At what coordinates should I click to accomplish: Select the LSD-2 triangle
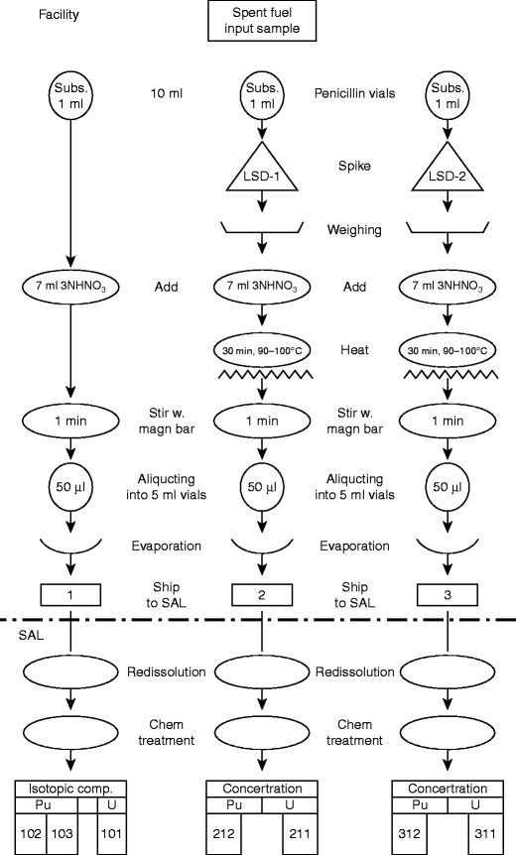446,178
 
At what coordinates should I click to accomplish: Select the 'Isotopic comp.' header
71,789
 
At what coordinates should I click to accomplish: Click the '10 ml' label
165,93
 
